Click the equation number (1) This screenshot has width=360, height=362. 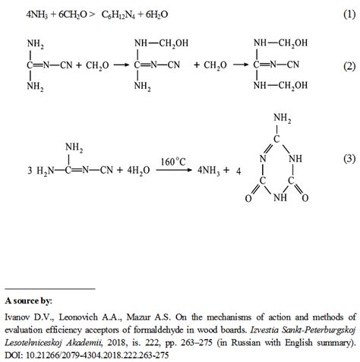[348, 15]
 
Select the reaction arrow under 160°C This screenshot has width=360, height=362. [172, 172]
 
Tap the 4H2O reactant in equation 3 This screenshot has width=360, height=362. [134, 172]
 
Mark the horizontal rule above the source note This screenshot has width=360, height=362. [50, 288]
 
